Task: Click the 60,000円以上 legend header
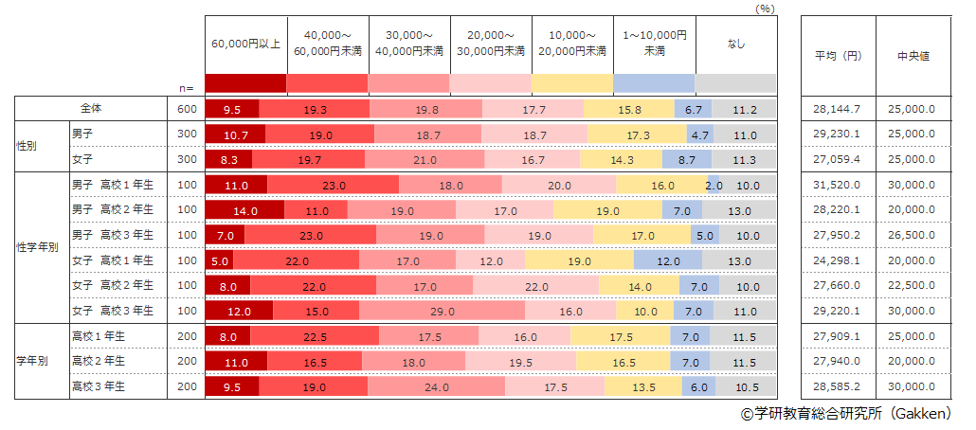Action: [x=245, y=44]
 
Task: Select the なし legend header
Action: [x=736, y=44]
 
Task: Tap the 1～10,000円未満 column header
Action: [x=655, y=44]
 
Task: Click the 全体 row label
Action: [x=94, y=109]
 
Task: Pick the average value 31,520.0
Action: [x=836, y=184]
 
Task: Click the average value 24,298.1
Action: [x=836, y=260]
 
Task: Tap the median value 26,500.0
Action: [x=912, y=234]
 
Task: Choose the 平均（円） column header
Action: [x=837, y=56]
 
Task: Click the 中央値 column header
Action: [x=913, y=56]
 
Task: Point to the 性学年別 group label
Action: [x=38, y=246]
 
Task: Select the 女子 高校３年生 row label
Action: [x=113, y=310]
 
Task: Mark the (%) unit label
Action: [x=765, y=8]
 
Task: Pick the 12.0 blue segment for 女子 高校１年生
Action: [x=668, y=260]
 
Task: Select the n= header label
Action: [x=187, y=87]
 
